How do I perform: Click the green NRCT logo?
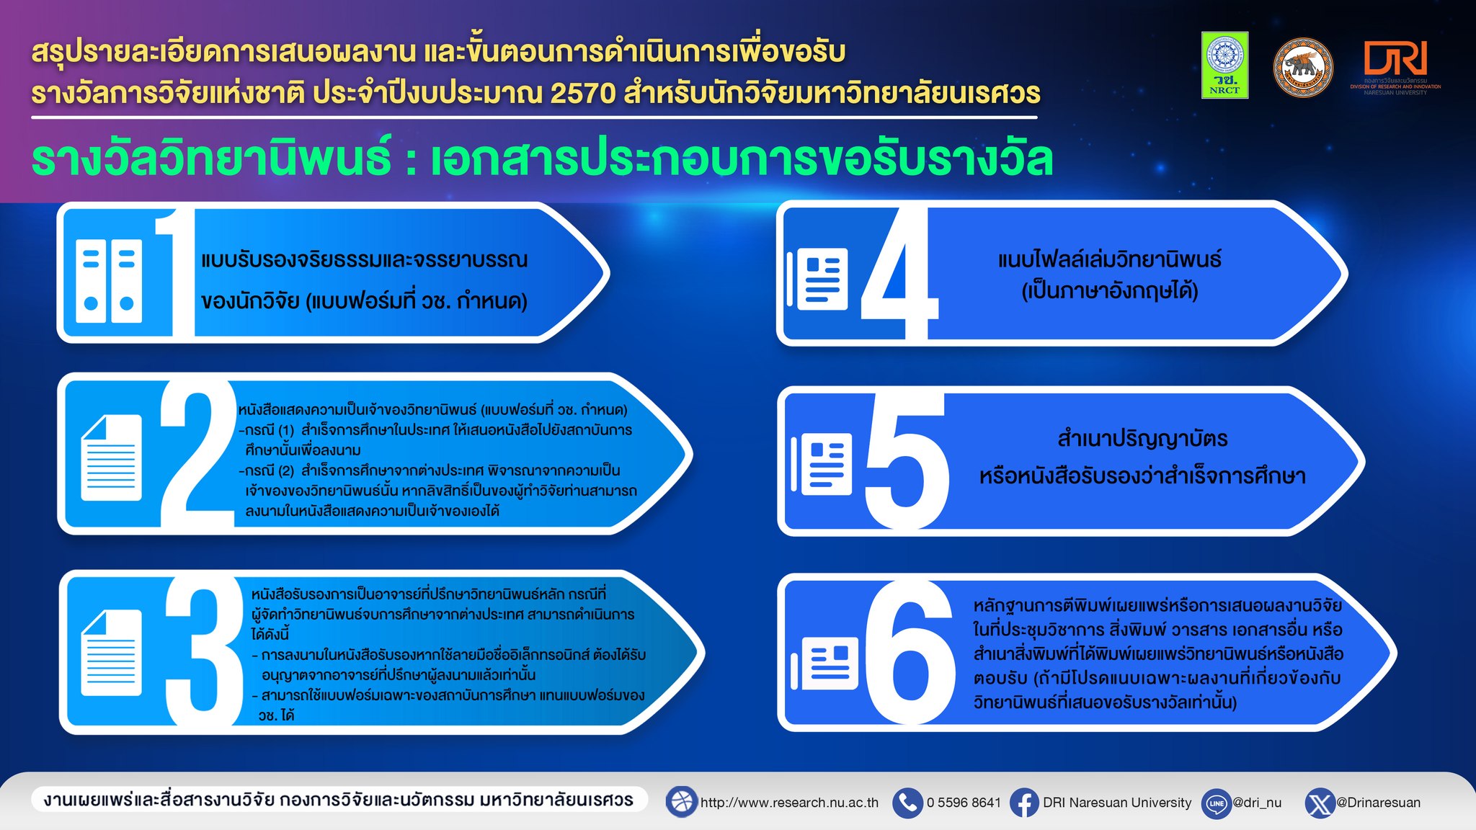1224,65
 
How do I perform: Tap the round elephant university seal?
1303,68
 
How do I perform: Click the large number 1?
175,272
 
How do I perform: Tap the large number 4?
899,274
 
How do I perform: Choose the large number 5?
906,461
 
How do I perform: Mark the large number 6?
910,652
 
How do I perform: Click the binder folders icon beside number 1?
109,280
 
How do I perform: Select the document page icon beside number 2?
111,458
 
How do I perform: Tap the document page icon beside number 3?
111,653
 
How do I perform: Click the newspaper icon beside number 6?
824,663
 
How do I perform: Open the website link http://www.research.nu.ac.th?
789,803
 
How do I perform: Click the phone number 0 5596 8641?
964,803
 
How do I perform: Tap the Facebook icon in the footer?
1023,803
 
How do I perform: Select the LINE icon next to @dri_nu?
1217,803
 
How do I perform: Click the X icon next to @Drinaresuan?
1320,803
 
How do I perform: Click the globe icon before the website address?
681,802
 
